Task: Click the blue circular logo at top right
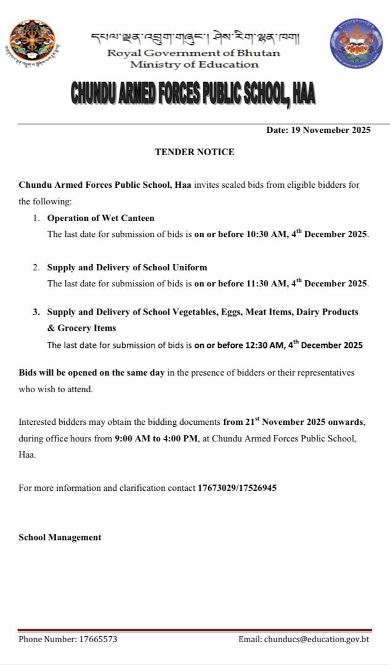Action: (x=356, y=43)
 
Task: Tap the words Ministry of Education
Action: (x=194, y=64)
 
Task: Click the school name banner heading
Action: (x=193, y=94)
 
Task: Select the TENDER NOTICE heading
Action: (x=194, y=151)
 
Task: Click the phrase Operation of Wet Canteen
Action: (x=100, y=218)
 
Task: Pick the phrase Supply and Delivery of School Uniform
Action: (x=127, y=267)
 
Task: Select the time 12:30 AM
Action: (x=264, y=345)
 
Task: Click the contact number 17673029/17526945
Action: (x=237, y=488)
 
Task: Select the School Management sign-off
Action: (x=60, y=537)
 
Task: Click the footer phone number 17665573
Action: (x=98, y=639)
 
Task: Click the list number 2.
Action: (x=36, y=267)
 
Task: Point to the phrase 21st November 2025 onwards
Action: (x=295, y=422)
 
